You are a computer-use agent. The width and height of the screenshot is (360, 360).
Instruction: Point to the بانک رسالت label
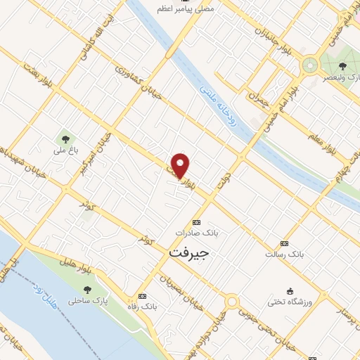283,252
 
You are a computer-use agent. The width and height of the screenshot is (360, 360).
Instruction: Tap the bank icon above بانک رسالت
284,242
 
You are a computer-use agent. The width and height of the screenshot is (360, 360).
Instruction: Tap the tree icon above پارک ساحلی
88,290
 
